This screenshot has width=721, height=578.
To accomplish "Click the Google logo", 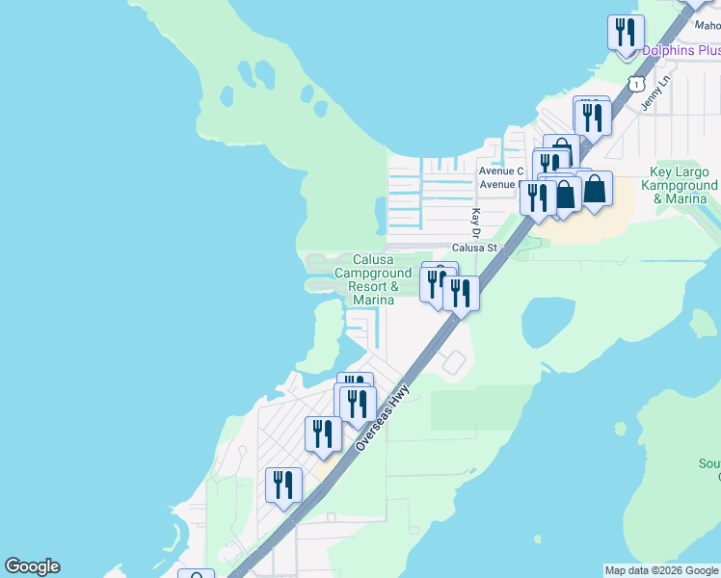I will [32, 566].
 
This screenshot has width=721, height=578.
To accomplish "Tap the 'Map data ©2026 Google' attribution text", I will [661, 570].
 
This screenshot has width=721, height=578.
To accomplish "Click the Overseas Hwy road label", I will [383, 417].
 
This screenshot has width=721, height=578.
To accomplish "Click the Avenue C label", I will [500, 171].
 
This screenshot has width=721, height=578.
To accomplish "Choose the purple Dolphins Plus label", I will [681, 50].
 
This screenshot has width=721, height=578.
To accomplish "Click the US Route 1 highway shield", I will [635, 84].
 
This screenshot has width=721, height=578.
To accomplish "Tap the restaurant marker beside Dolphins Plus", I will [626, 34].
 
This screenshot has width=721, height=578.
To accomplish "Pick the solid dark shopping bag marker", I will [595, 190].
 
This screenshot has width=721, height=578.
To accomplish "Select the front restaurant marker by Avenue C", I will [538, 197].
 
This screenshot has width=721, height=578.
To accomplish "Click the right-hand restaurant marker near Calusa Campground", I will [462, 292].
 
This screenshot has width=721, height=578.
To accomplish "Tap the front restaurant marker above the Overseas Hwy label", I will [358, 404].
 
